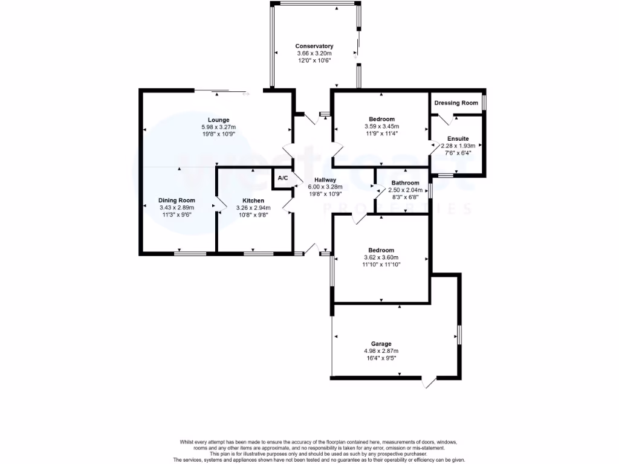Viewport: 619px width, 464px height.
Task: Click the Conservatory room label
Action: pos(314,46)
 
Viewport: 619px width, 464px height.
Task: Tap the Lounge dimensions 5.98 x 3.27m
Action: pos(218,127)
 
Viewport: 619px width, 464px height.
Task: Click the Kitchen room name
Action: pos(253,200)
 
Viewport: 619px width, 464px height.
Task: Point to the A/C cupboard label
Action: pos(282,178)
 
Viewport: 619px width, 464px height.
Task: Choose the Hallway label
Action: pos(320,179)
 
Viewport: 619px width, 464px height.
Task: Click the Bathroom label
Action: pos(405,182)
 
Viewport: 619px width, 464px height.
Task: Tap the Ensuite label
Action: pos(458,138)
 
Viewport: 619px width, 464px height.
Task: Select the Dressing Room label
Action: pos(456,103)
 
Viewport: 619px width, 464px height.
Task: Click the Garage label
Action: pos(381,343)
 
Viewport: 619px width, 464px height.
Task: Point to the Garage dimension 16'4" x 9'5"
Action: pos(381,358)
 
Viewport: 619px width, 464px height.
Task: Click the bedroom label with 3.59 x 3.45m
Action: pos(380,119)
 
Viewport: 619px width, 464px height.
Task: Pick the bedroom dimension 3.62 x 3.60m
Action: pos(381,257)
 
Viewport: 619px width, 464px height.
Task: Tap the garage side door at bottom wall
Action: pos(429,381)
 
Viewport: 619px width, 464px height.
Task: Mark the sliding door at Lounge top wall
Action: pos(221,91)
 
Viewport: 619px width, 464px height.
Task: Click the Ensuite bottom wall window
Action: pos(446,175)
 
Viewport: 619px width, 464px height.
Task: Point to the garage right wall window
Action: pos(459,334)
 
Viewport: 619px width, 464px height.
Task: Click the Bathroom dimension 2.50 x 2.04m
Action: pos(405,190)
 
